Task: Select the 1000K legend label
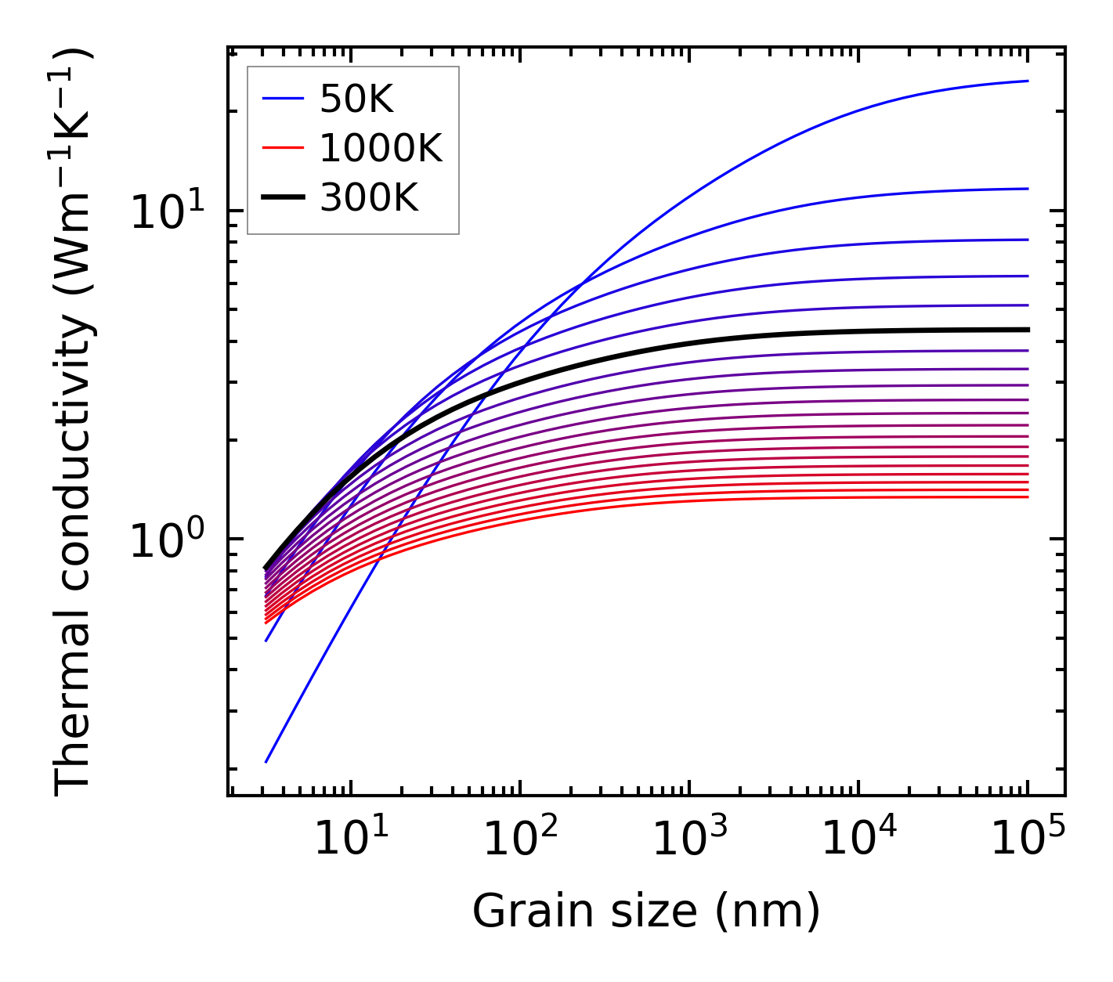click(x=381, y=148)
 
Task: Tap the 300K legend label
click(x=369, y=198)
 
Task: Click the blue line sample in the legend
click(x=282, y=99)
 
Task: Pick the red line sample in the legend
click(x=282, y=148)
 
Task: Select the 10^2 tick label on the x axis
click(x=519, y=839)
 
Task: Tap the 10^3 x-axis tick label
click(x=688, y=839)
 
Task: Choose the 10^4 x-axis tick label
click(x=858, y=839)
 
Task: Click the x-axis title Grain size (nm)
click(x=646, y=912)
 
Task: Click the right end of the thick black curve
click(x=1027, y=330)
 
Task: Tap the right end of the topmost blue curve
click(x=1027, y=81)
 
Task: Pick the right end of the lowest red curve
click(x=1027, y=497)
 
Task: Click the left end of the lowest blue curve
click(x=267, y=761)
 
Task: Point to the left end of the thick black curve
click(x=266, y=568)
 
